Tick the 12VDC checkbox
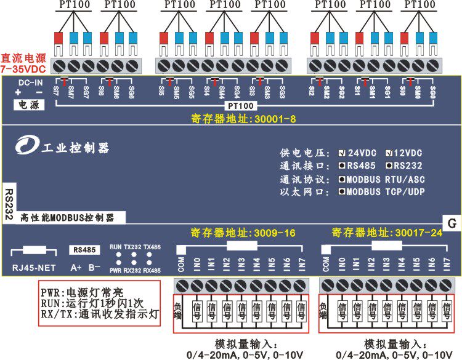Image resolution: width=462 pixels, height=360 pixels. [389, 153]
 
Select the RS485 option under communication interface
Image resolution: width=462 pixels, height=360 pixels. [342, 166]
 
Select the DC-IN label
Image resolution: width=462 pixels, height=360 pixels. [30, 82]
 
